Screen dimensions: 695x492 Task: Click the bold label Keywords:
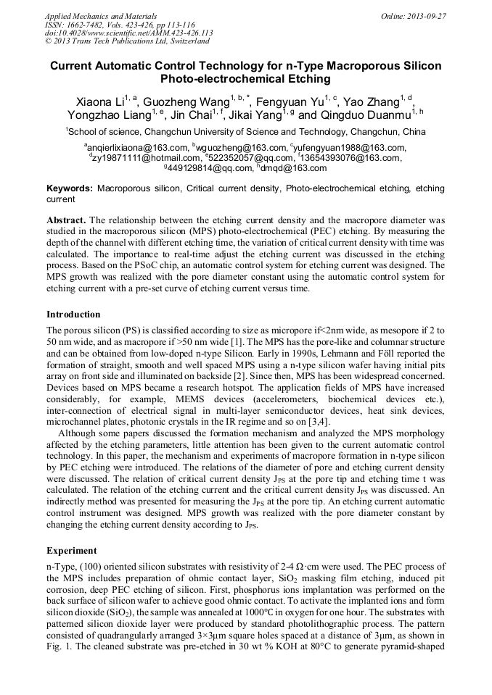click(x=69, y=188)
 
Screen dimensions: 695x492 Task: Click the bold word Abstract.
click(x=67, y=219)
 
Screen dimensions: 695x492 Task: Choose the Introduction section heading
click(x=73, y=314)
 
